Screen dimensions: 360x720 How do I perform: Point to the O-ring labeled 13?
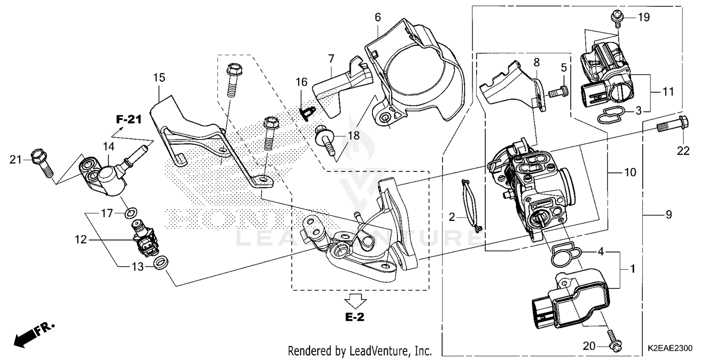(162, 263)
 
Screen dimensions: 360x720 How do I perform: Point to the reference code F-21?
(128, 120)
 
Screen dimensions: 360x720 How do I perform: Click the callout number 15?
(159, 77)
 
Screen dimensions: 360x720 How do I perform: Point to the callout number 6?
(378, 18)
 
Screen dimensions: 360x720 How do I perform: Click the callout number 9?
(669, 216)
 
